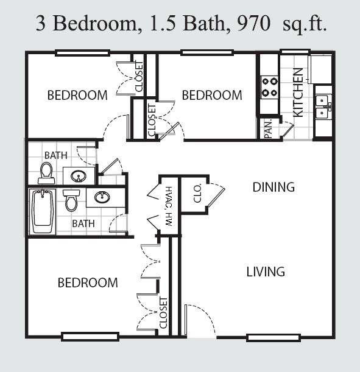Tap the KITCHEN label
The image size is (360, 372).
click(298, 92)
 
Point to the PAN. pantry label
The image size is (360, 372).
click(268, 129)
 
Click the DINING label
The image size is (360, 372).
click(274, 187)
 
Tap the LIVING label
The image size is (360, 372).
click(266, 272)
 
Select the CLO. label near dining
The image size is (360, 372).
click(197, 193)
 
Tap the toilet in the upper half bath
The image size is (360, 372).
click(46, 173)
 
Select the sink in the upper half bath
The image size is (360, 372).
click(79, 176)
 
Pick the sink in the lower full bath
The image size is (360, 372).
click(102, 197)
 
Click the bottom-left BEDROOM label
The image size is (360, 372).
click(88, 283)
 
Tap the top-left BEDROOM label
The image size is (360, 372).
click(77, 95)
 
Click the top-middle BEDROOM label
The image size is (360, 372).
click(212, 95)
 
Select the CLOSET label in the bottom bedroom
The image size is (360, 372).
click(163, 312)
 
